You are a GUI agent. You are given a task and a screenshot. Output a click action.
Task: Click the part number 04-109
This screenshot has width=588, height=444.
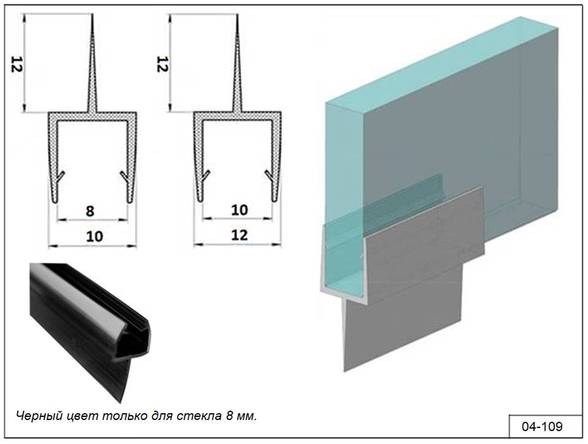pos(542,427)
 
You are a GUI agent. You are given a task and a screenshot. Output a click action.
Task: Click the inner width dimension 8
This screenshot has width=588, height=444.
pos(90,211)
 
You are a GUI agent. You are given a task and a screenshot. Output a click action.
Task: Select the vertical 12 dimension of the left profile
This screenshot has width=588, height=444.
pos(17,64)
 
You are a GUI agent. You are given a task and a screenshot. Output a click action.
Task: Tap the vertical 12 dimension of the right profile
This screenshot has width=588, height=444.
pos(162,64)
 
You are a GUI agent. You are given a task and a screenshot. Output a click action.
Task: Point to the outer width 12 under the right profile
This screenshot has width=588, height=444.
pos(239,236)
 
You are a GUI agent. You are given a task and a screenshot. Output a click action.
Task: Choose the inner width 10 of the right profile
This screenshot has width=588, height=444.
pos(239,210)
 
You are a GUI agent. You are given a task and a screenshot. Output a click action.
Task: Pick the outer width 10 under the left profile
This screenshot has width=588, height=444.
pos(95,236)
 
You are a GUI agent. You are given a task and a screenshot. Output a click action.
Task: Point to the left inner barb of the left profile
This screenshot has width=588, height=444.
pos(60,176)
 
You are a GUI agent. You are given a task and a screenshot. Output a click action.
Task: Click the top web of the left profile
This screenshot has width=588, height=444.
pos(92,116)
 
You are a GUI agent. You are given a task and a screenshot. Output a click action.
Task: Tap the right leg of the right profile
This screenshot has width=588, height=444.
pos(276,157)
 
